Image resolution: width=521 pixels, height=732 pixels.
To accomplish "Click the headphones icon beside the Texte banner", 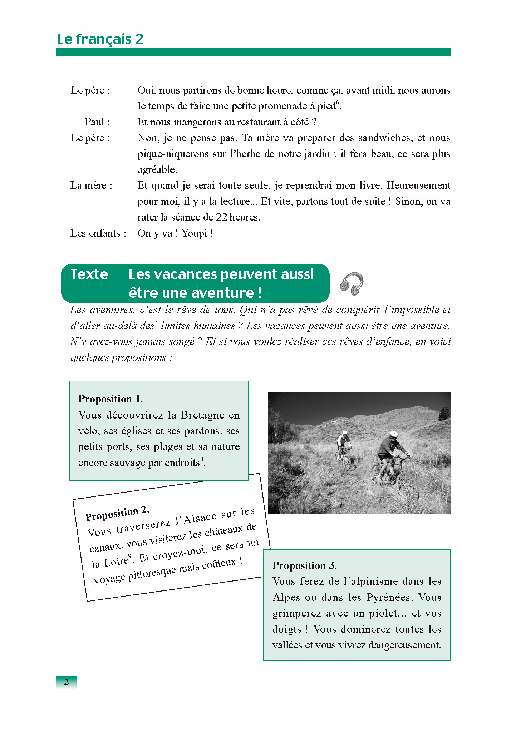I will click(352, 284).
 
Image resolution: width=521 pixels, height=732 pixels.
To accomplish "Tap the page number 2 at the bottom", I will click(67, 682).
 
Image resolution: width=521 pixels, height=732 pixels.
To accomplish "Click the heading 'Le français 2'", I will click(100, 39).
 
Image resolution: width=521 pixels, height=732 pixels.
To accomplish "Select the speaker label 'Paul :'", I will click(97, 122).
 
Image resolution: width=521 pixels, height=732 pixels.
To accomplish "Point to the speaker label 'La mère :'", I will click(91, 186).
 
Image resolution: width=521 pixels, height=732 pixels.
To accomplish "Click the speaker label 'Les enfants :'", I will click(98, 233).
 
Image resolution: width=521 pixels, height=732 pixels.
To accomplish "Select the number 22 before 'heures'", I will click(221, 217).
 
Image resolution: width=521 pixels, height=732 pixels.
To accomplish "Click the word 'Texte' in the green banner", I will click(89, 274).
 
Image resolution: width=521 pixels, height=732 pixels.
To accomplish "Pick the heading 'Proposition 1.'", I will click(110, 399).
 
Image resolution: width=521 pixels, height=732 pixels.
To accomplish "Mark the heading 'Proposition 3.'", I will click(304, 565).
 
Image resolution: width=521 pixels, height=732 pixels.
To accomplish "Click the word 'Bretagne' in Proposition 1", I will click(203, 415).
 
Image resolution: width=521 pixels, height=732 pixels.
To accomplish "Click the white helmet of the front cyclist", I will click(393, 434).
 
